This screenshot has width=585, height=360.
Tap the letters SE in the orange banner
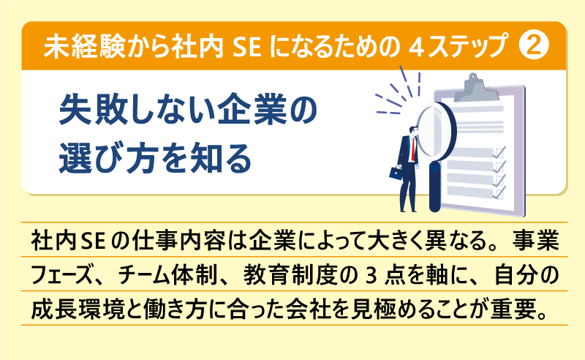pyautogui.click(x=247, y=47)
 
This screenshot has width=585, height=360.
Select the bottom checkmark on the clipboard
pyautogui.click(x=501, y=192)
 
